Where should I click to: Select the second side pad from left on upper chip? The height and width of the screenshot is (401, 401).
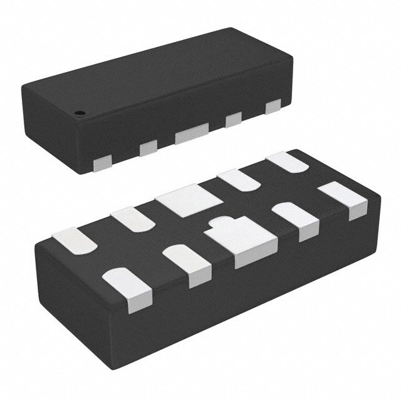tap(148, 148)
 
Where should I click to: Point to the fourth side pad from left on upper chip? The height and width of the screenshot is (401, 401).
tap(234, 119)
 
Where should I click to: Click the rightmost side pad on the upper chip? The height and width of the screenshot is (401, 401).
tap(273, 107)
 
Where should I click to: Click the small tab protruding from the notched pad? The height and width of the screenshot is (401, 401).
tap(221, 222)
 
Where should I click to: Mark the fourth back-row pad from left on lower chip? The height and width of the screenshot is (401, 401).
tap(241, 179)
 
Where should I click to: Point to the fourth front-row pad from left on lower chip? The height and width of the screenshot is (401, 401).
tap(296, 219)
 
